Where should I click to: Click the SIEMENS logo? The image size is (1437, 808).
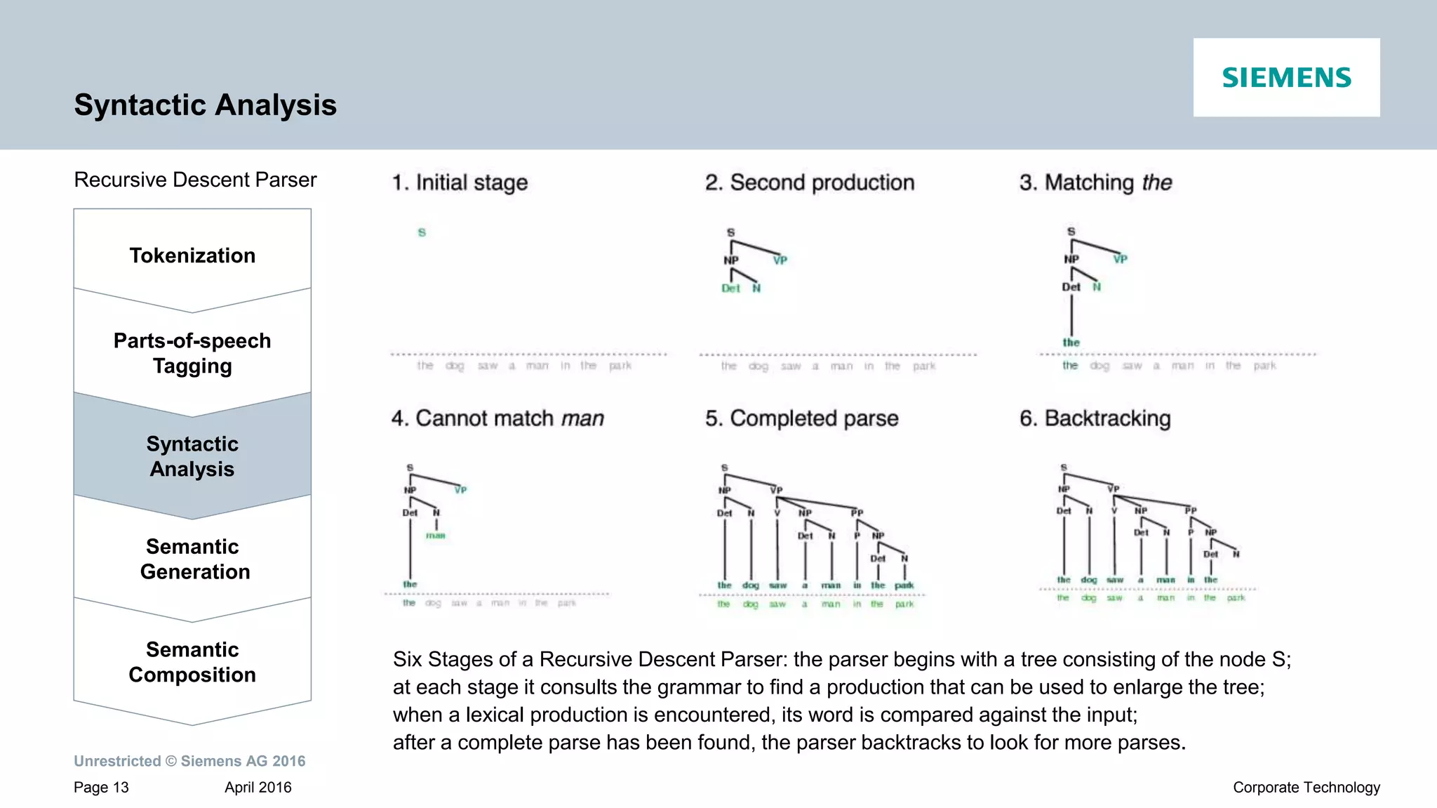pos(1286,77)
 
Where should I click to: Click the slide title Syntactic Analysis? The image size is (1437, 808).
pos(205,105)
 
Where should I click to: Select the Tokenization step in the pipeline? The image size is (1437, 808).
pos(192,256)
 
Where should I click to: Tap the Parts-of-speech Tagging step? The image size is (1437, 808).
pos(192,353)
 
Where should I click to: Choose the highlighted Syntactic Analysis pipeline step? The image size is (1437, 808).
pos(192,456)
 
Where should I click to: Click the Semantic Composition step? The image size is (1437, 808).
pos(192,662)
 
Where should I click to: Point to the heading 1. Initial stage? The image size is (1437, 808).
pos(460,183)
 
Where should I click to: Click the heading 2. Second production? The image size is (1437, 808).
pos(810,183)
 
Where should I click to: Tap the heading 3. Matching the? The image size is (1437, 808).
pos(1095,183)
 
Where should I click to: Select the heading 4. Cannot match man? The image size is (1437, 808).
pos(497,418)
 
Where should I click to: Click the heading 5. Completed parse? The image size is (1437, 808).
pos(801,418)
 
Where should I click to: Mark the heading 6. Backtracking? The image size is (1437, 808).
pos(1095,418)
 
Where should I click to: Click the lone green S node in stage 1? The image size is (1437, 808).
pos(422,232)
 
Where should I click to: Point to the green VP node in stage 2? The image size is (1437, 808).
pos(780,260)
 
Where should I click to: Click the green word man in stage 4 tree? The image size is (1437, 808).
pos(436,536)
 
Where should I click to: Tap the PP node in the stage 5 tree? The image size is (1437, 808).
pos(857,513)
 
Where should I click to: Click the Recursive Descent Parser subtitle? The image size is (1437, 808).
pos(195,180)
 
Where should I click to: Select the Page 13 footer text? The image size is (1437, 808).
pos(101,788)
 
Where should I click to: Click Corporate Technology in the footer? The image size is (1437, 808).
pos(1306,788)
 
